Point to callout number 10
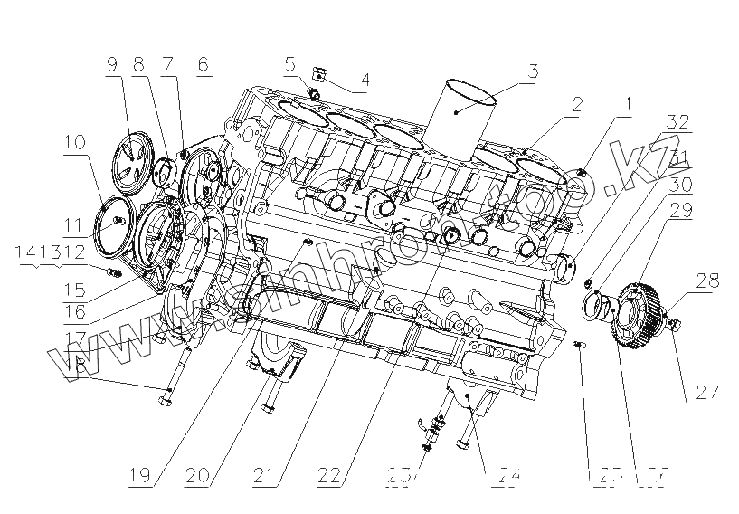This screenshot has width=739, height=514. pyautogui.click(x=74, y=142)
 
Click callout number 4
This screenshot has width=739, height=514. pyautogui.click(x=364, y=80)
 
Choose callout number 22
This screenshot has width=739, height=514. pyautogui.click(x=329, y=473)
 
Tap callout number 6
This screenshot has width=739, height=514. pyautogui.click(x=203, y=65)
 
